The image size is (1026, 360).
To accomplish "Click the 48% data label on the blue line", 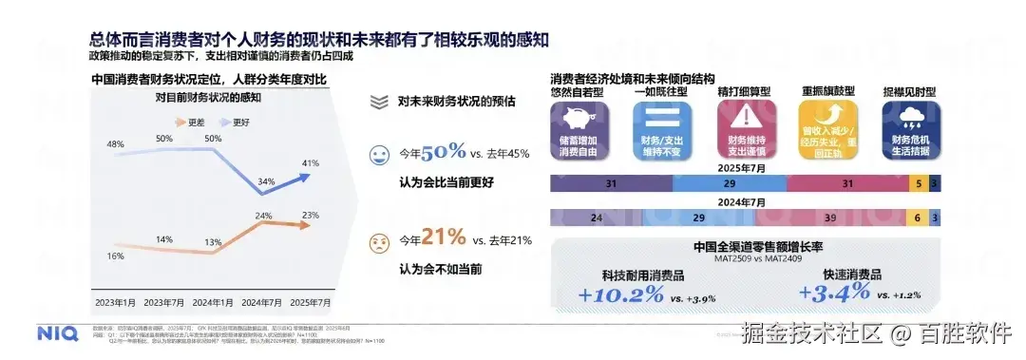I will [x=116, y=144].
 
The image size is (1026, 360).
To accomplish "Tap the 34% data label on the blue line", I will [x=267, y=181].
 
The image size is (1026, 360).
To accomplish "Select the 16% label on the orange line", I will [x=116, y=256].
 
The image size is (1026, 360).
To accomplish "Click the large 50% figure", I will [x=444, y=152].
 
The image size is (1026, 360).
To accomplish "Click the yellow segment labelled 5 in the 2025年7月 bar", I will [x=919, y=183].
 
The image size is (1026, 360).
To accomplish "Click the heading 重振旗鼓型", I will [x=826, y=92].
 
